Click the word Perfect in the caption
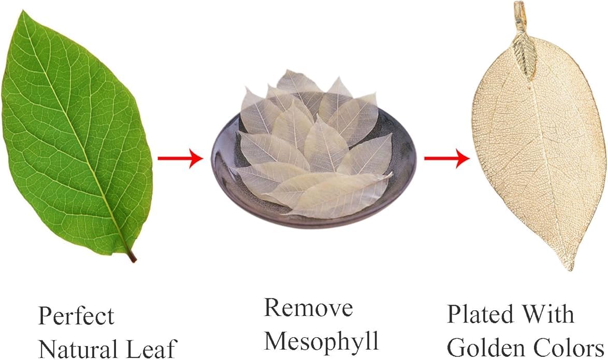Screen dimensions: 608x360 (76, 316)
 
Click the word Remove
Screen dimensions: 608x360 (309, 308)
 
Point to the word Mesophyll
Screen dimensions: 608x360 (322, 341)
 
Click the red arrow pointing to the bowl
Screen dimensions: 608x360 (180, 159)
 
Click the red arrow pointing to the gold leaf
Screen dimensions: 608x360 (447, 159)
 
